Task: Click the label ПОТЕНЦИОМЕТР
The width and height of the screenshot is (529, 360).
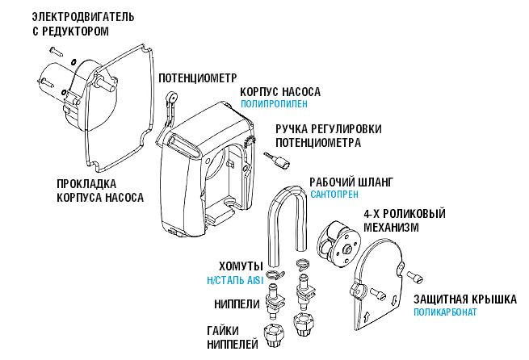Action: pos(197,78)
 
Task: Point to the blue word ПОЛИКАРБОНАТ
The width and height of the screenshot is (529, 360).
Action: pos(445,312)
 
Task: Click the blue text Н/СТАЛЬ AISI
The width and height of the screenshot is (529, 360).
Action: pos(235,280)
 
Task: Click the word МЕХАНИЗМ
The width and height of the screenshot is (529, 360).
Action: pos(391,228)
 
